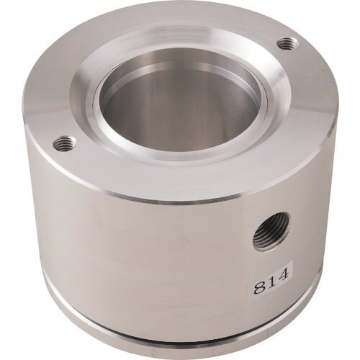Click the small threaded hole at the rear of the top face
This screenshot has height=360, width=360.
coord(288,44)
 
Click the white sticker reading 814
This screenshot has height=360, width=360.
coord(271,279)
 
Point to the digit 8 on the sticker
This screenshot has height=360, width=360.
coord(258,287)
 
